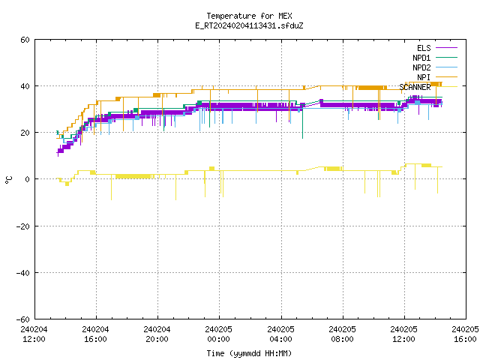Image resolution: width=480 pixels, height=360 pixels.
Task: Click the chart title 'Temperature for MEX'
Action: coord(249,16)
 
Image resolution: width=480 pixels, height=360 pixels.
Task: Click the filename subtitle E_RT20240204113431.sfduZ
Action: coord(249,25)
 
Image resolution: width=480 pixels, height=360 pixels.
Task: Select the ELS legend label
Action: coord(424,48)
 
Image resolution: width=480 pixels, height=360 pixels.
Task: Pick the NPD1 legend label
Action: coord(421,58)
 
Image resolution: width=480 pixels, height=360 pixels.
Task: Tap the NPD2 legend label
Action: coord(421,67)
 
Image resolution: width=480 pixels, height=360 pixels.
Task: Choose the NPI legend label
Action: coord(424,77)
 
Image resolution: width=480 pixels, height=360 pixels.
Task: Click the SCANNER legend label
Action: coord(415,87)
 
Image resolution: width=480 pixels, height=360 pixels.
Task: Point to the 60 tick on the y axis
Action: coord(25,40)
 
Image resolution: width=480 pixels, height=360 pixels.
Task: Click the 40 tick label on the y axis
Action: coord(25,86)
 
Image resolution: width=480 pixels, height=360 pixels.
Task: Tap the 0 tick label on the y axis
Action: coord(27,179)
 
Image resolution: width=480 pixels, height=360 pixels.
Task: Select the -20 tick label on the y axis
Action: coord(23,226)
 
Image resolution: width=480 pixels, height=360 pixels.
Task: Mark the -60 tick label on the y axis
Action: coord(23,319)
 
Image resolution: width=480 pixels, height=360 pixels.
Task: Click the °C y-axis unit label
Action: coord(8,180)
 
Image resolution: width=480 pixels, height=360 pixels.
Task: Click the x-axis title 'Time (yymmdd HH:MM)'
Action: coord(249,353)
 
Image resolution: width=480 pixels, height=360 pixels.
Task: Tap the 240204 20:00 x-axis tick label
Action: coord(157,334)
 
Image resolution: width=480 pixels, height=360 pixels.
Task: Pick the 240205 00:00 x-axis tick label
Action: coord(218,334)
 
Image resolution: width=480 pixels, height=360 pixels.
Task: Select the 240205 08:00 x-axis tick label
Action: coord(342,334)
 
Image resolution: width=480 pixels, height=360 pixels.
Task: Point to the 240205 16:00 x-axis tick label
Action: coord(465,334)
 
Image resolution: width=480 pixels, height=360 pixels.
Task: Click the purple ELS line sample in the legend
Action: coord(446,48)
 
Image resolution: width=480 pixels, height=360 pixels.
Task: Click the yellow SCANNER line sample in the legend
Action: coord(446,87)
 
